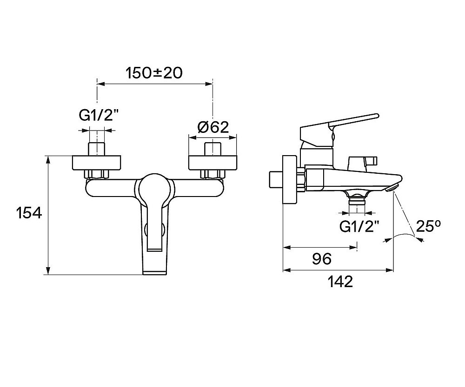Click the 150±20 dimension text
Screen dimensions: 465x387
pyautogui.click(x=153, y=73)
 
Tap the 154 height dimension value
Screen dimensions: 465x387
pyautogui.click(x=29, y=213)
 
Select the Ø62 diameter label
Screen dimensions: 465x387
pyautogui.click(x=213, y=127)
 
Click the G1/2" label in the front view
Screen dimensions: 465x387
pyautogui.click(x=96, y=115)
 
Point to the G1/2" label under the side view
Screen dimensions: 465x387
pyautogui.click(x=359, y=227)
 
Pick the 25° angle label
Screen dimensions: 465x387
pyautogui.click(x=428, y=226)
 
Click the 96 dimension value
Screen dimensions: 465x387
pyautogui.click(x=321, y=259)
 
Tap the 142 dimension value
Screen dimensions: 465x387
pyautogui.click(x=340, y=282)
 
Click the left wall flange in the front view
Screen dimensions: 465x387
pyautogui.click(x=97, y=163)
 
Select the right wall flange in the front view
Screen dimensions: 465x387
pyautogui.click(x=213, y=163)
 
